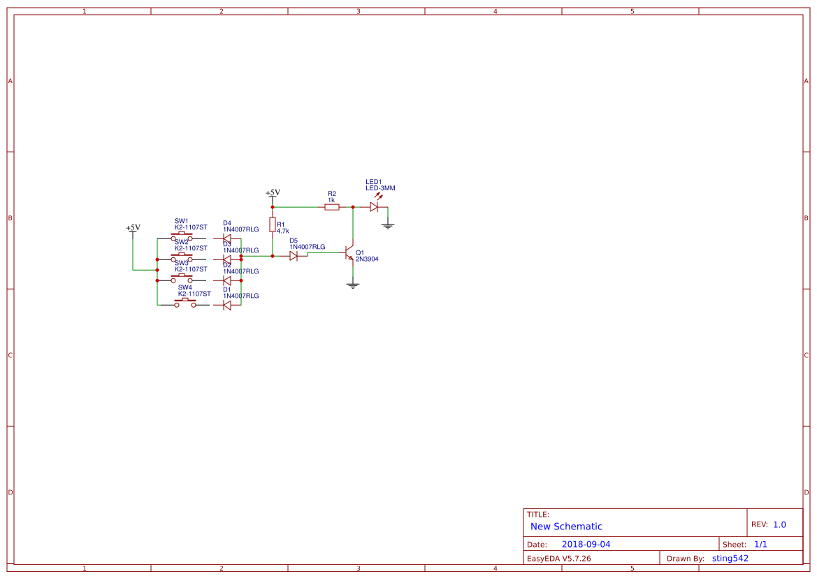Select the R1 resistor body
pyautogui.click(x=273, y=224)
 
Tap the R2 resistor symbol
pyautogui.click(x=332, y=207)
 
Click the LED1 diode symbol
pyautogui.click(x=374, y=207)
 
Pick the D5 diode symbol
pyautogui.click(x=294, y=256)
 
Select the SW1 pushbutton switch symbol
pyautogui.click(x=182, y=238)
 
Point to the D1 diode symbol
pyautogui.click(x=226, y=305)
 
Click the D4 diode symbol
pyautogui.click(x=226, y=238)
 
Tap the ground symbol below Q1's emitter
pyautogui.click(x=353, y=285)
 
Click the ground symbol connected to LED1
pyautogui.click(x=388, y=225)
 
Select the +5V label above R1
pyautogui.click(x=273, y=193)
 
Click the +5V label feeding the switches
pyautogui.click(x=133, y=228)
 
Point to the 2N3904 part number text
pyautogui.click(x=367, y=259)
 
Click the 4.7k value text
pyautogui.click(x=283, y=231)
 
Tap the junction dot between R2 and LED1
pyautogui.click(x=353, y=207)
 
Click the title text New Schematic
pyautogui.click(x=566, y=527)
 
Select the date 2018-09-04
pyautogui.click(x=586, y=544)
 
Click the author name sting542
pyautogui.click(x=730, y=558)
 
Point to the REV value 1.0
pyautogui.click(x=779, y=524)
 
